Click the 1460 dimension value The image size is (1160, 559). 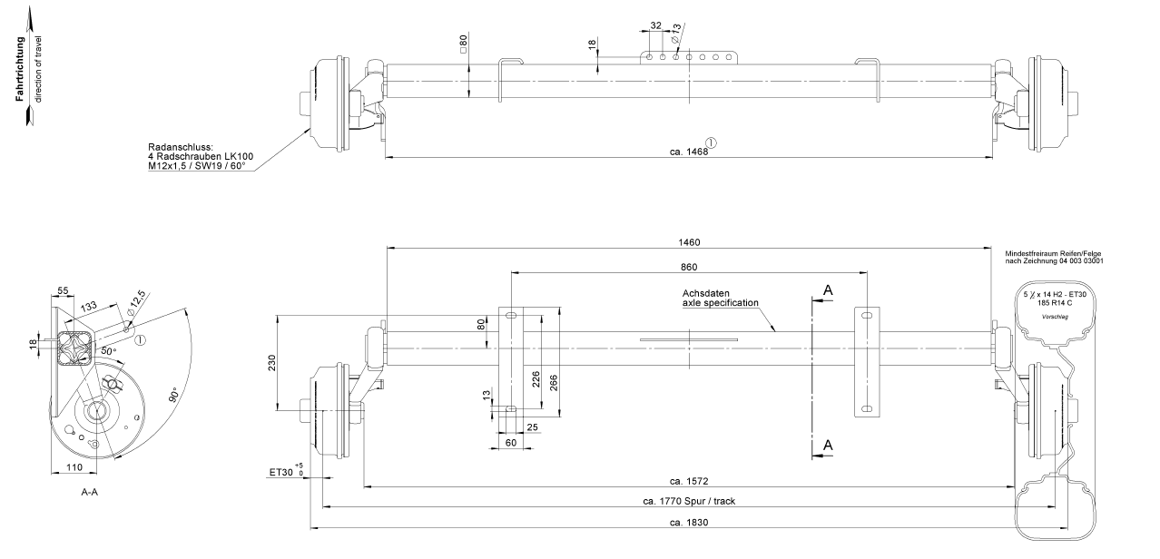click(689, 242)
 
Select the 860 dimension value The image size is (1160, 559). click(689, 267)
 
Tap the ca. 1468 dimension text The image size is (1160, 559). click(689, 152)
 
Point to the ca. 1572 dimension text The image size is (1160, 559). click(689, 481)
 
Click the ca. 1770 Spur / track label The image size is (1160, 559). click(689, 501)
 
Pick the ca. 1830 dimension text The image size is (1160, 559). click(689, 523)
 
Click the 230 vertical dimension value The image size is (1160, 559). click(272, 362)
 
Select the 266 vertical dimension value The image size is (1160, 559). click(554, 383)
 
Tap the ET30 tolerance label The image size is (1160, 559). click(286, 472)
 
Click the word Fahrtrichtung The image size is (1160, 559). click(20, 69)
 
